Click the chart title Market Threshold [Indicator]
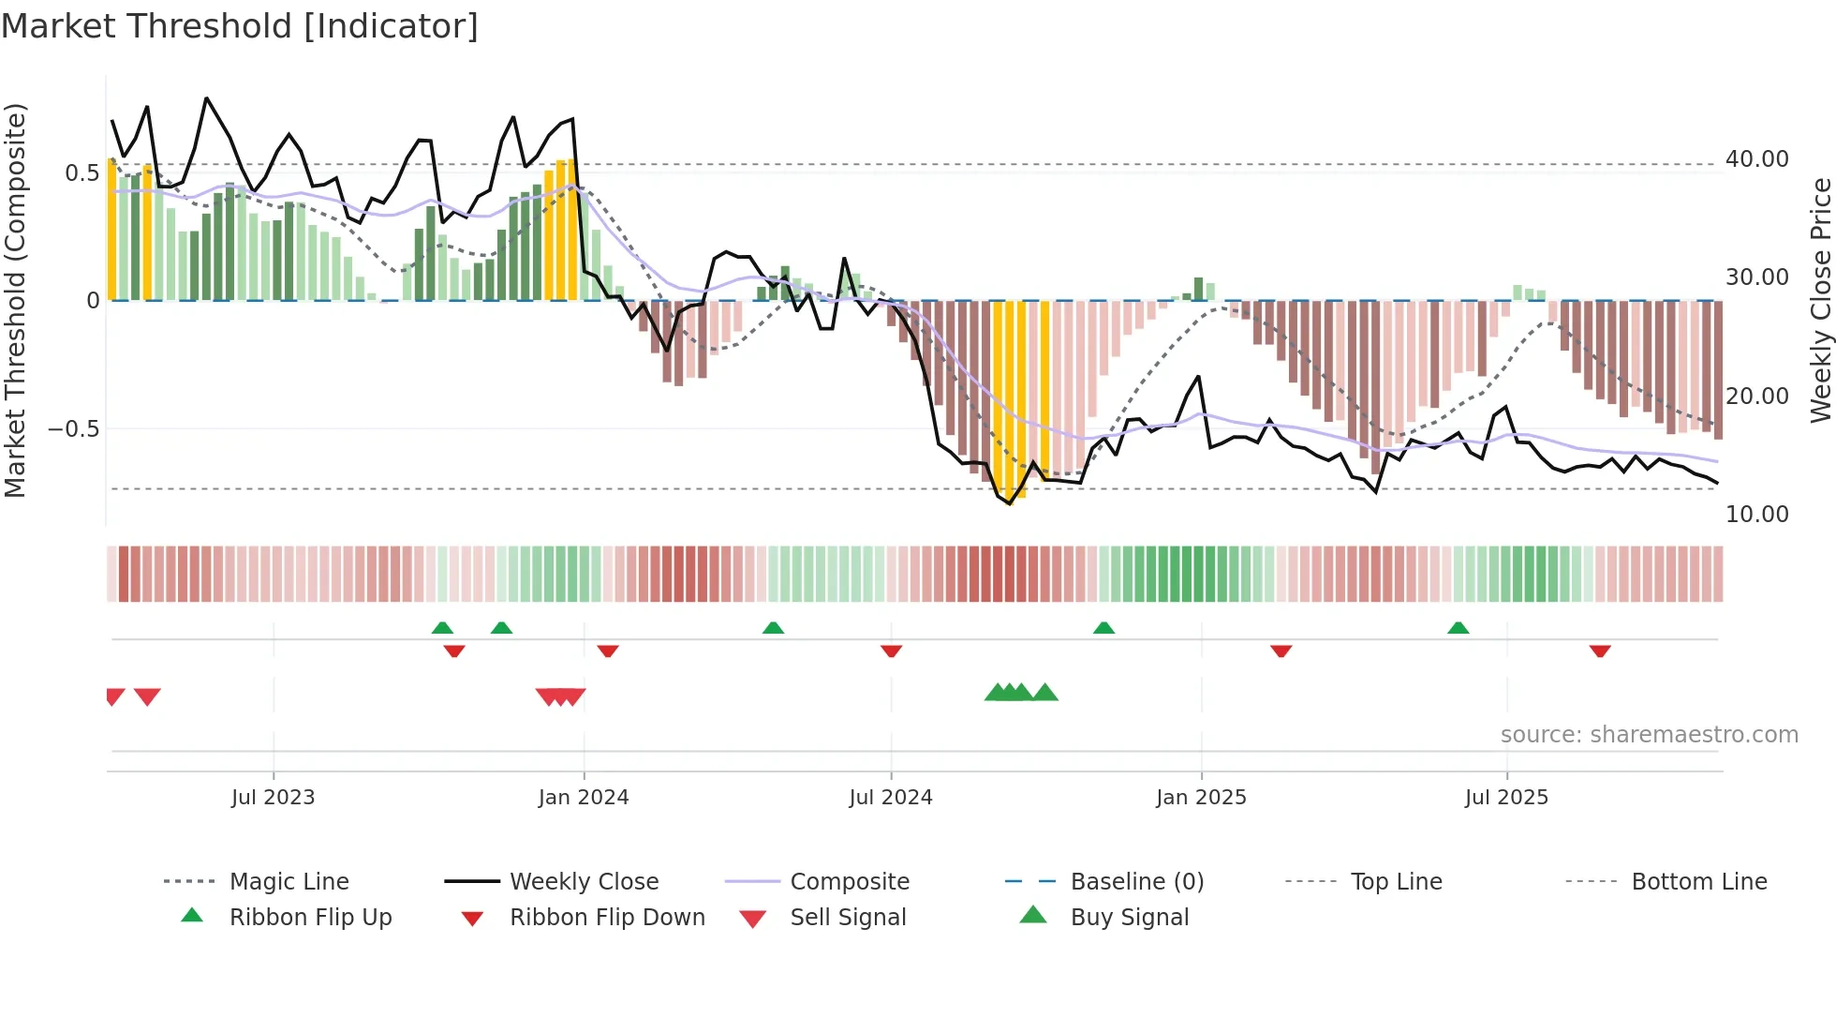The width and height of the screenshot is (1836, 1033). click(240, 26)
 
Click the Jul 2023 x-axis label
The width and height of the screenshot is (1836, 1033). click(273, 798)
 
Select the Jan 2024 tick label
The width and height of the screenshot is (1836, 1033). click(583, 798)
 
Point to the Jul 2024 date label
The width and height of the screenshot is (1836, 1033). click(890, 798)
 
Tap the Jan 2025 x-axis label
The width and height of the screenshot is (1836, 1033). click(1201, 798)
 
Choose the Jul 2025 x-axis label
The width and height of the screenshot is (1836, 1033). click(1506, 798)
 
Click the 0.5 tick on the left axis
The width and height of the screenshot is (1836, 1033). click(81, 173)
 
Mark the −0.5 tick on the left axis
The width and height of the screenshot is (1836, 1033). click(73, 429)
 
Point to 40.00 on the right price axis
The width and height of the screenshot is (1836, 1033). click(1756, 159)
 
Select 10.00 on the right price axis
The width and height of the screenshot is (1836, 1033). click(1756, 515)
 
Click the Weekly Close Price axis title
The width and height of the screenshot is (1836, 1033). click(1820, 300)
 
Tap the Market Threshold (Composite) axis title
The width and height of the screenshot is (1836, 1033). click(15, 300)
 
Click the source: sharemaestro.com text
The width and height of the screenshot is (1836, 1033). click(1649, 735)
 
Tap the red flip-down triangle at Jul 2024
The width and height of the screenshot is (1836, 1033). click(891, 651)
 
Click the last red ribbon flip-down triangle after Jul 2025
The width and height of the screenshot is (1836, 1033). click(1599, 651)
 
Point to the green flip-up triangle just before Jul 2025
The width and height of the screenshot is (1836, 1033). click(1458, 628)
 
